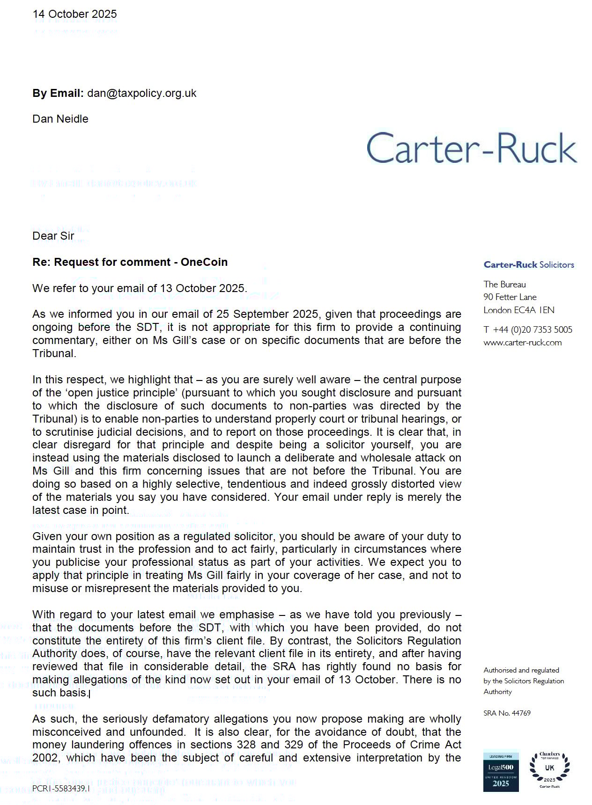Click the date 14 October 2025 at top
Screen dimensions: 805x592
tap(74, 14)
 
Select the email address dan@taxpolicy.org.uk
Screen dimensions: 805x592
tap(141, 93)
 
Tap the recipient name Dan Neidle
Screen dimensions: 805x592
tap(60, 119)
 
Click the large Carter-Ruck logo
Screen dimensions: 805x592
tap(472, 148)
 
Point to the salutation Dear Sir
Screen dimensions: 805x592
tap(53, 236)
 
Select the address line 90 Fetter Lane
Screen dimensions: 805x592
tap(510, 297)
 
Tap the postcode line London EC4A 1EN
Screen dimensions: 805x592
tap(518, 310)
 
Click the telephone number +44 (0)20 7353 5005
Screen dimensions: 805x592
tap(533, 330)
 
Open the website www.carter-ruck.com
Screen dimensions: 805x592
tap(522, 343)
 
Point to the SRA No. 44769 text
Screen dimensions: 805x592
tap(507, 713)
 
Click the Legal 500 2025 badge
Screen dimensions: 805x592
tap(501, 771)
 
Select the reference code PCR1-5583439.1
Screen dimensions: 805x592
tap(61, 789)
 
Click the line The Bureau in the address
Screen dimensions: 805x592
tap(504, 285)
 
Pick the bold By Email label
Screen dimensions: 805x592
tap(58, 93)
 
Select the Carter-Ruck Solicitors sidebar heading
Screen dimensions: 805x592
tap(528, 265)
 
